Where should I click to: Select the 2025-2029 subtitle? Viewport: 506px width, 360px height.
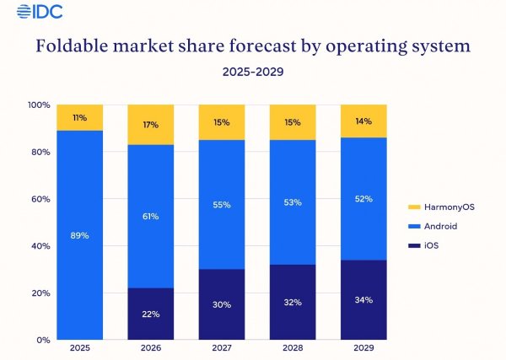[x=253, y=73]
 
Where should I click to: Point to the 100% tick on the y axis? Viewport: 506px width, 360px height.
[x=40, y=105]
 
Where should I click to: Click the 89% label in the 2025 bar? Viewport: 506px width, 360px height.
[x=79, y=235]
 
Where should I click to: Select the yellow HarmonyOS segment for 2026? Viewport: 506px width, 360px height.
[x=150, y=125]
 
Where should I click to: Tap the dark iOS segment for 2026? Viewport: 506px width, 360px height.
[x=150, y=314]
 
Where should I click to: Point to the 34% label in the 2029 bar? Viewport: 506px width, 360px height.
[x=363, y=300]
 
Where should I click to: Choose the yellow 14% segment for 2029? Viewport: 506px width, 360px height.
[x=363, y=121]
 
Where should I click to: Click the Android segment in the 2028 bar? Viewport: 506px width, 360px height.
[x=292, y=202]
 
